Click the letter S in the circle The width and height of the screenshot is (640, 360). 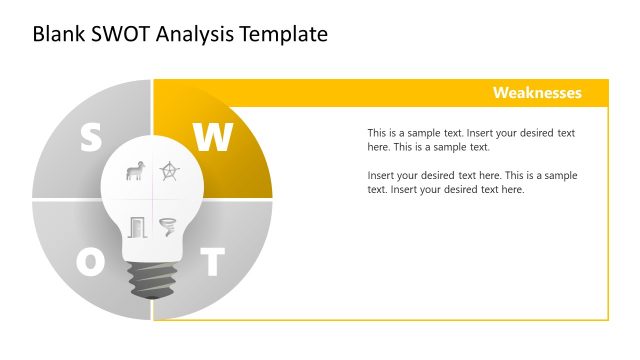[x=90, y=138]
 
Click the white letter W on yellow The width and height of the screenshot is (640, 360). [x=212, y=138]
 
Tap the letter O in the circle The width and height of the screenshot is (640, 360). [x=90, y=263]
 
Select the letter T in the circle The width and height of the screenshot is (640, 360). [x=212, y=263]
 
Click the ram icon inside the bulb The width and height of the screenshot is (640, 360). [x=133, y=172]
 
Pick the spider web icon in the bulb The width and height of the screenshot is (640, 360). [x=170, y=172]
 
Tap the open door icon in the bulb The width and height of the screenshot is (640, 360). [x=135, y=226]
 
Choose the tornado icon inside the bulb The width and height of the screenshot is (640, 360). [x=168, y=226]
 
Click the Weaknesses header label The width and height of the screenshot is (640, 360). [x=536, y=93]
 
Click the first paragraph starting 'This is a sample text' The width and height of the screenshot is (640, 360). [x=471, y=140]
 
